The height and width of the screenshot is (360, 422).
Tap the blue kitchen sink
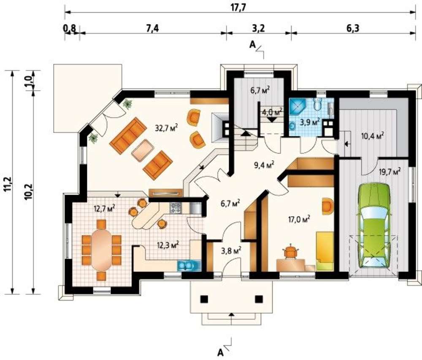(189, 266)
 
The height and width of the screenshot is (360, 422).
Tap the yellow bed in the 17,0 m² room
(325, 251)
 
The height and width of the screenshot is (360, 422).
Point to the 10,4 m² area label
(372, 136)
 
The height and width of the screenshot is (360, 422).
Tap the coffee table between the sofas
(143, 150)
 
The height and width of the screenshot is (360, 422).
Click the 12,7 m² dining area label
(105, 209)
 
